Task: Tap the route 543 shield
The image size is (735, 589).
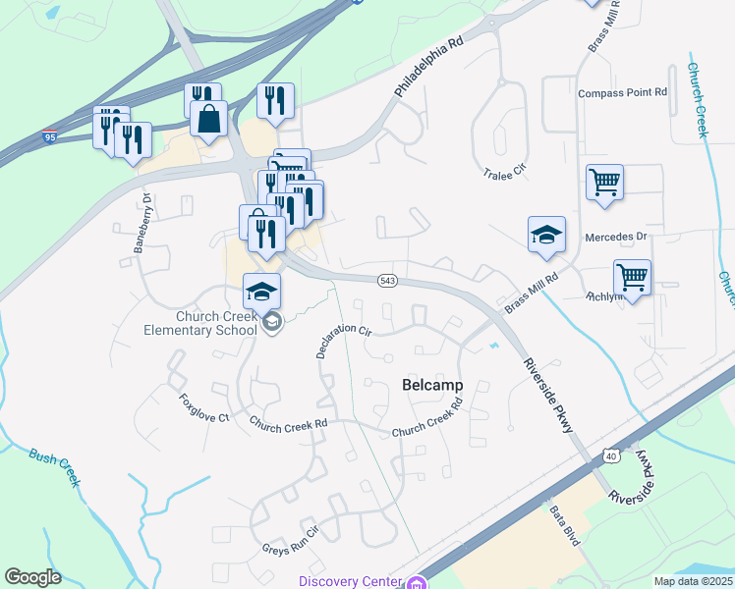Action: point(388,281)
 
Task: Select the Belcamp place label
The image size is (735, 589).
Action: point(432,386)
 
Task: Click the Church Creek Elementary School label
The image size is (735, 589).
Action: point(216,323)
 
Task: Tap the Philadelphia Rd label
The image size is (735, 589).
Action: point(427,68)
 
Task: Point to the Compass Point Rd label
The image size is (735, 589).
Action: point(622,92)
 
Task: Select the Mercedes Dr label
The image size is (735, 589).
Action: point(616,237)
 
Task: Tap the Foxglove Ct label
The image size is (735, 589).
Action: point(203,408)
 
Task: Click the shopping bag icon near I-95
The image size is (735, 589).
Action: point(209,121)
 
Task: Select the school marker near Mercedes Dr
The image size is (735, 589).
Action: point(546,236)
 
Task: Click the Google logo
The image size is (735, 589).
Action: point(33,577)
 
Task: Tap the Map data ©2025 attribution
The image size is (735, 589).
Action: point(693,581)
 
